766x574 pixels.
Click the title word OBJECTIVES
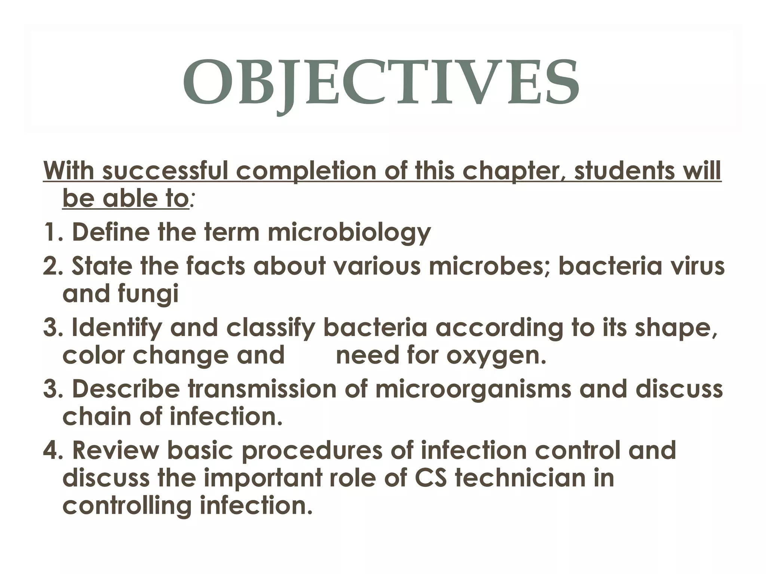(381, 83)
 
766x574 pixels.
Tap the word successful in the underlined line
(165, 171)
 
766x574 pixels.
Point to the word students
(621, 171)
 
